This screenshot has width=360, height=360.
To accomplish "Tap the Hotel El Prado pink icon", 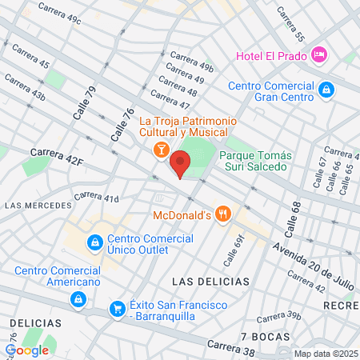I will tap(319, 54).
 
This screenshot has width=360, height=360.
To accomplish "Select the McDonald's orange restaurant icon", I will tap(225, 214).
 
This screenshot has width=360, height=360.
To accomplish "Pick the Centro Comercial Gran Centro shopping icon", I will tap(326, 90).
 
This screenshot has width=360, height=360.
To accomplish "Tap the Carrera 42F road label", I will tap(57, 156).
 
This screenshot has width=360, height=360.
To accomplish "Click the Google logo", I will tap(27, 350).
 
